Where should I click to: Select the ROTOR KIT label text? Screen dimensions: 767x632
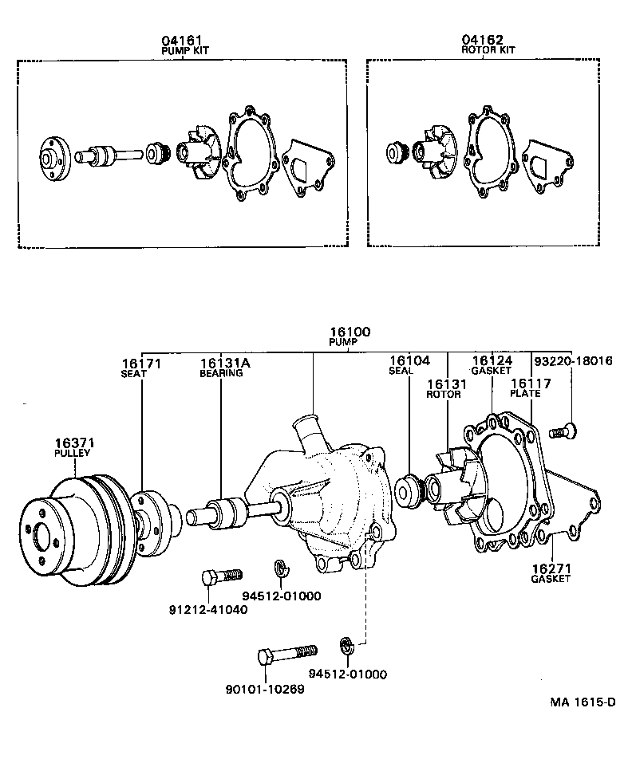tap(488, 49)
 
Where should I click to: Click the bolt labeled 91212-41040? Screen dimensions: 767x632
tap(222, 575)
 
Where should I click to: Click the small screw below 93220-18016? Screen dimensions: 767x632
tap(563, 431)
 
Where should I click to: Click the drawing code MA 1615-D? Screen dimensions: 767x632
tap(583, 702)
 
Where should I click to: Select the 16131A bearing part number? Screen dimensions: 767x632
tap(225, 363)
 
